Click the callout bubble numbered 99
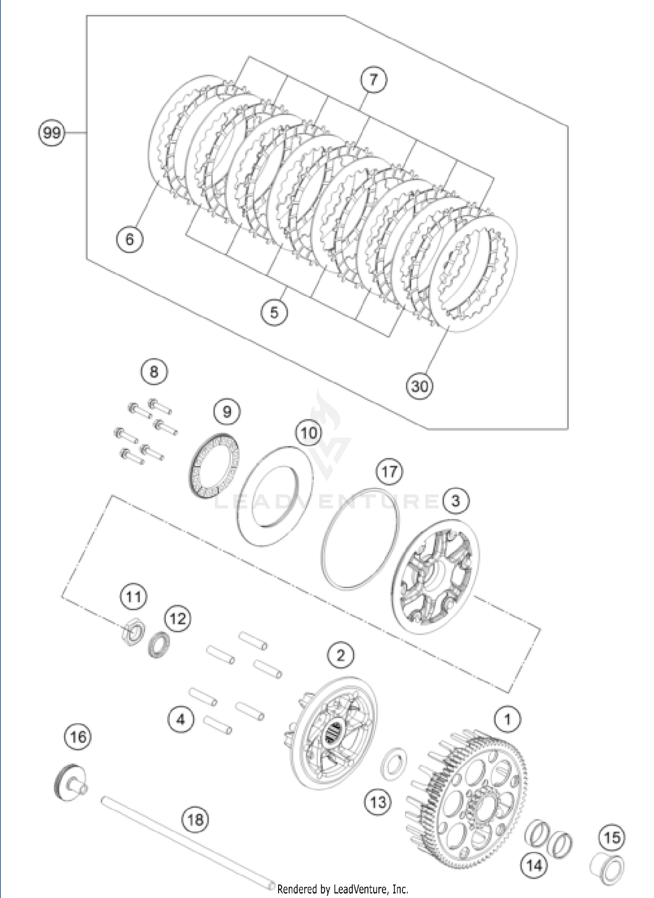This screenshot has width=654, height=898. click(x=52, y=132)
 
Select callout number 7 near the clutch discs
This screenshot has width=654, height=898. click(x=373, y=80)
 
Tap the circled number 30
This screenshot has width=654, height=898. click(x=419, y=386)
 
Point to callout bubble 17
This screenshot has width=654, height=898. click(x=389, y=471)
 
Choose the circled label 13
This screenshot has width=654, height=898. click(x=378, y=802)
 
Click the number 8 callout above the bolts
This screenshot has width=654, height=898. click(x=154, y=371)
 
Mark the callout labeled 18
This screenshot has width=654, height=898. click(x=195, y=820)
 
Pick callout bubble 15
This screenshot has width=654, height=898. click(x=612, y=837)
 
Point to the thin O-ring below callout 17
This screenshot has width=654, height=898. click(x=361, y=539)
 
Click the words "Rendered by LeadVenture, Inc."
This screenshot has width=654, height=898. click(x=343, y=888)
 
